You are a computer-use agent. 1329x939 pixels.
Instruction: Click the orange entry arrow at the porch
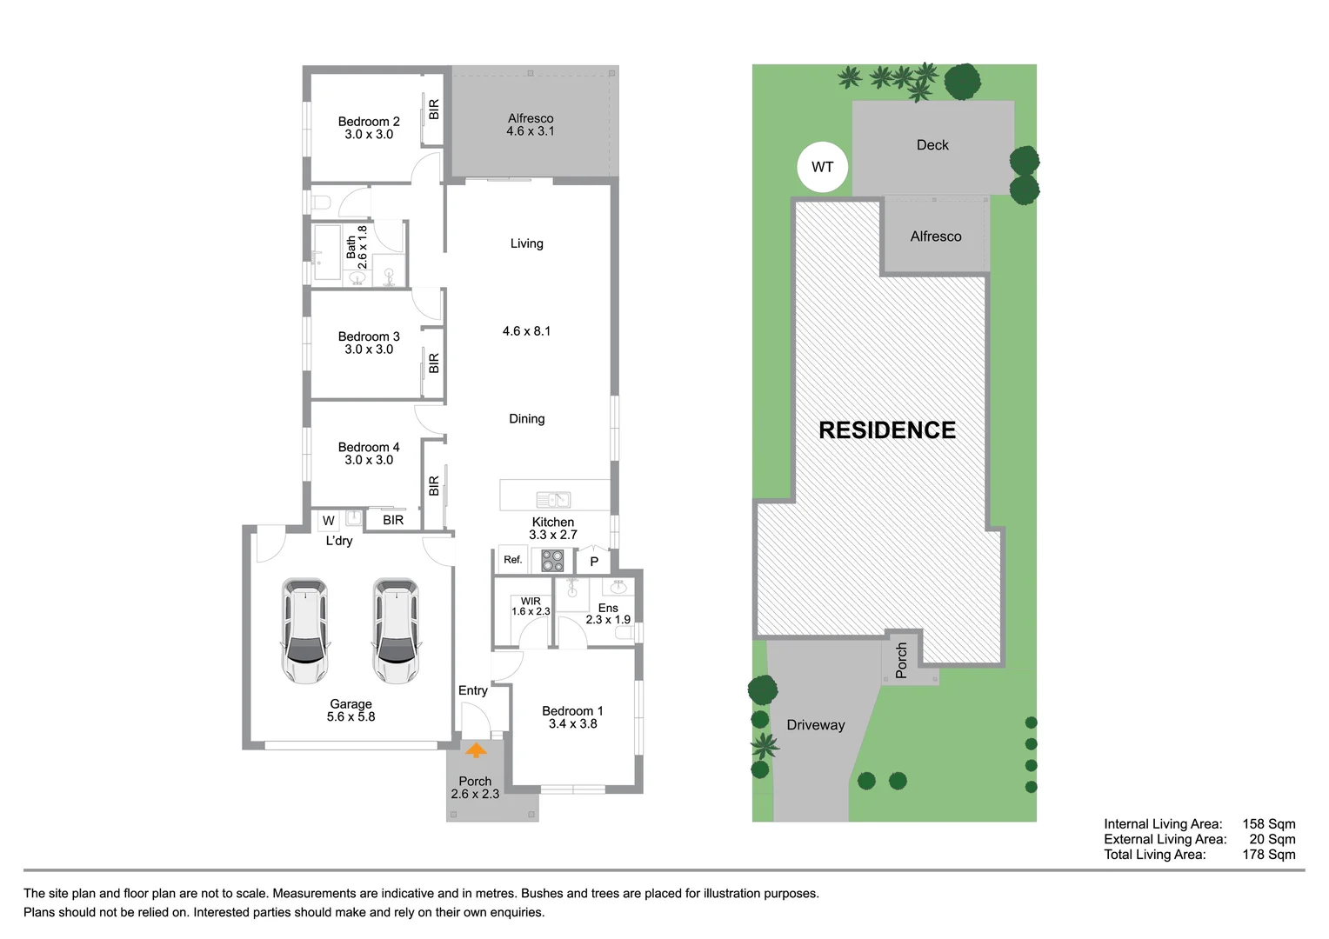click(x=476, y=750)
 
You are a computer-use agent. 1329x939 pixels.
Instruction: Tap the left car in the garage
click(x=305, y=630)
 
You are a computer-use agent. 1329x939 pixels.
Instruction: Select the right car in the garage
click(x=397, y=630)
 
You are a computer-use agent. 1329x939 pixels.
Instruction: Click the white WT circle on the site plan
click(x=822, y=167)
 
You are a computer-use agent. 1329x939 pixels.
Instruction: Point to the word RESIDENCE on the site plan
click(x=887, y=430)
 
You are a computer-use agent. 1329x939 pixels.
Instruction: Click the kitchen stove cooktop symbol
click(x=552, y=560)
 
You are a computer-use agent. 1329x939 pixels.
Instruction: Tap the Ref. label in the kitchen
click(x=513, y=560)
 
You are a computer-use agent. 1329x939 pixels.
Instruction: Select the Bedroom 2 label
click(x=369, y=122)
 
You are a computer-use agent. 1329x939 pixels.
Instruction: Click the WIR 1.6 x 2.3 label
click(x=531, y=606)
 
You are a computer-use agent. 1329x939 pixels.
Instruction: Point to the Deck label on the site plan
click(x=932, y=145)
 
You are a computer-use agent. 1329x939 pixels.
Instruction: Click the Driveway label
click(x=815, y=725)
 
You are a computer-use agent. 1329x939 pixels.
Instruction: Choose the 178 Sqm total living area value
click(x=1268, y=855)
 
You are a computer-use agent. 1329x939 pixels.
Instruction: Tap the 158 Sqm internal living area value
click(x=1268, y=824)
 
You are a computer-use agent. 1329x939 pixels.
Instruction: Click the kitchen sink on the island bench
click(x=553, y=499)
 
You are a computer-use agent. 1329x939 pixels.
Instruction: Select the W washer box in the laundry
click(x=328, y=521)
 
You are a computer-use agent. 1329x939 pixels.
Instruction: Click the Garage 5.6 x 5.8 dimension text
click(x=351, y=717)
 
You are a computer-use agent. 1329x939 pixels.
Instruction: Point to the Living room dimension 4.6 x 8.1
click(x=526, y=331)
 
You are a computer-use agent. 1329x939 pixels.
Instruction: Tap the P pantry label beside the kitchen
click(x=594, y=562)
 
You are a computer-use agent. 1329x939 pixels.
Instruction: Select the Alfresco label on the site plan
click(x=936, y=236)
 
